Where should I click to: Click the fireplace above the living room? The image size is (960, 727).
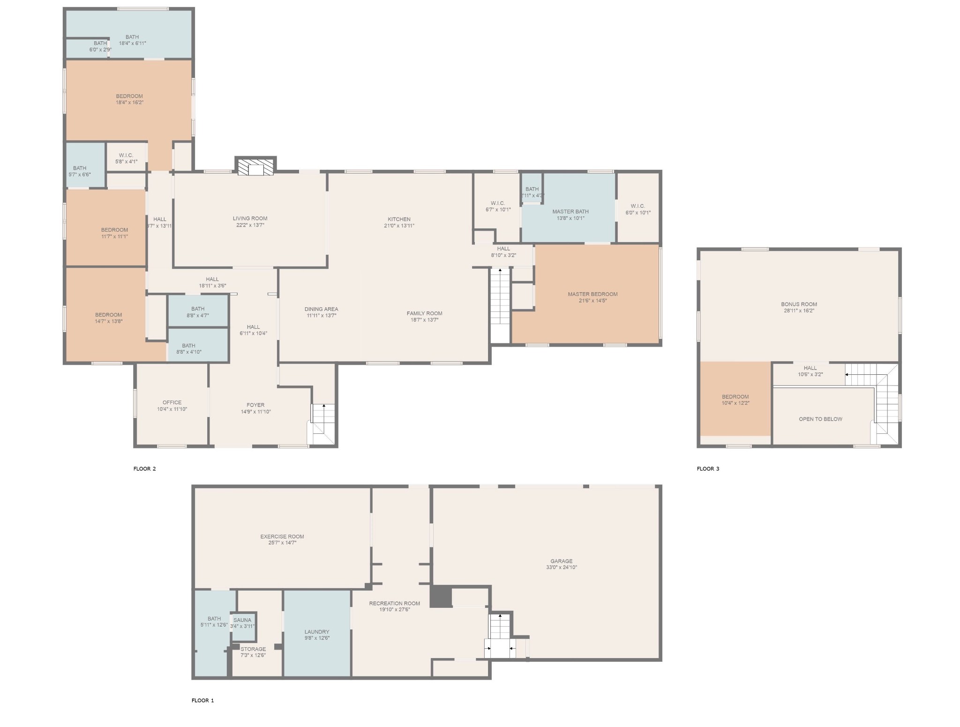(x=255, y=167)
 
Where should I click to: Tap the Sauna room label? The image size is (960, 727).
(x=242, y=620)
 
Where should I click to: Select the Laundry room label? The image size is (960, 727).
(x=317, y=632)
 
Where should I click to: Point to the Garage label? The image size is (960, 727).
(x=561, y=561)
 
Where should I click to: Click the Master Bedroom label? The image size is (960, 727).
(x=592, y=294)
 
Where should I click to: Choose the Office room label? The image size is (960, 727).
(x=172, y=402)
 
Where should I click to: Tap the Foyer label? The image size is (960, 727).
(x=255, y=405)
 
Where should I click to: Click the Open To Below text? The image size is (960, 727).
(x=820, y=419)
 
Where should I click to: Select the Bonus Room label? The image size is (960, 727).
(x=799, y=304)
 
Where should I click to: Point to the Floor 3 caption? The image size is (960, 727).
(x=708, y=469)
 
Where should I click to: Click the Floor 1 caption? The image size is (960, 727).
(x=202, y=700)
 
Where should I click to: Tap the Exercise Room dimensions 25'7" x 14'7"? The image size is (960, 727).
(x=282, y=543)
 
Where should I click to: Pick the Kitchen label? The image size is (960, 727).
(x=399, y=219)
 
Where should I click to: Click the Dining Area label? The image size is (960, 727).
(x=321, y=309)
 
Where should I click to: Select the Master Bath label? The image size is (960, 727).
(x=570, y=212)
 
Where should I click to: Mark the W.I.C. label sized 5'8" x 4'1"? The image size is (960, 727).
(x=127, y=162)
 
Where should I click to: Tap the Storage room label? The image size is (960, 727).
(x=253, y=649)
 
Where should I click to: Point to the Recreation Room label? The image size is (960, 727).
(x=394, y=603)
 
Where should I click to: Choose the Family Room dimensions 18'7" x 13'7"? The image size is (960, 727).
(x=424, y=320)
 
